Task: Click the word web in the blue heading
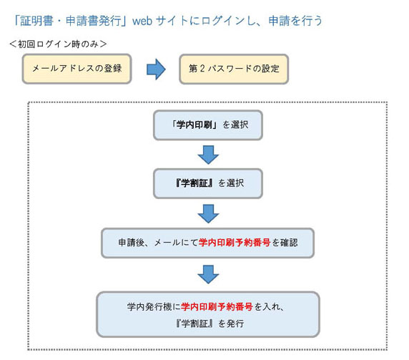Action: tap(142, 21)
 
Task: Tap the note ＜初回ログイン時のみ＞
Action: tap(58, 44)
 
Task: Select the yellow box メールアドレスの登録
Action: tap(77, 69)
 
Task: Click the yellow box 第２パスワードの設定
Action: tap(234, 69)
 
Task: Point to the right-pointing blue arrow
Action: tap(156, 69)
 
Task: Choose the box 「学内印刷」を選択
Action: tap(208, 125)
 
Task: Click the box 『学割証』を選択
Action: tap(208, 183)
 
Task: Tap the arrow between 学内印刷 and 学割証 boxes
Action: tap(208, 155)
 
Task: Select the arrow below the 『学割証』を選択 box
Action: tap(208, 214)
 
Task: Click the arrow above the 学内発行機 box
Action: tap(208, 274)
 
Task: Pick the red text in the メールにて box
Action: tap(235, 243)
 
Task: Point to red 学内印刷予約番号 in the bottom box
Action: tap(217, 306)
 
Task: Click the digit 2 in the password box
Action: tap(202, 69)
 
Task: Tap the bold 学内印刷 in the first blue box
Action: tap(194, 125)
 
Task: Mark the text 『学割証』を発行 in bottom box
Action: tap(210, 323)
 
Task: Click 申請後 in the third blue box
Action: tap(131, 243)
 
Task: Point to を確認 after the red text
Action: tap(285, 243)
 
